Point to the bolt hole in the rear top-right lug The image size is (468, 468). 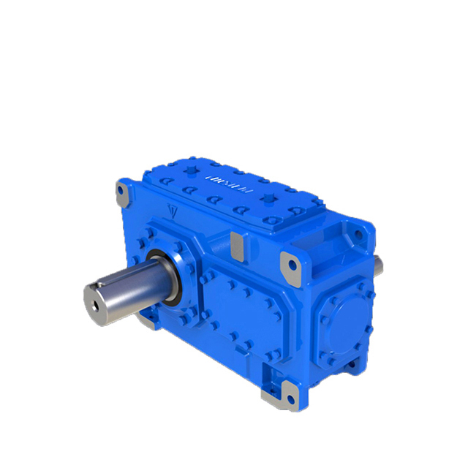pos(356,233)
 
